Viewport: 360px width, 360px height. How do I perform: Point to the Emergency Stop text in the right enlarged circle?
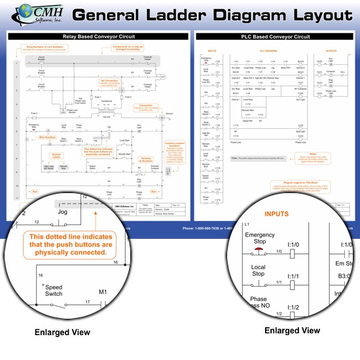click(x=260, y=236)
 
